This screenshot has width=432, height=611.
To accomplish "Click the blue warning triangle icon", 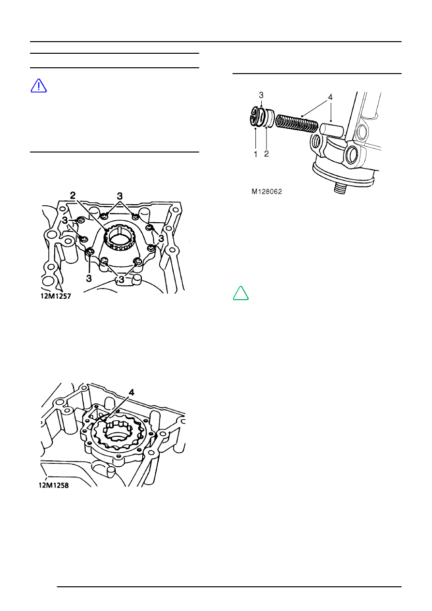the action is pyautogui.click(x=39, y=86).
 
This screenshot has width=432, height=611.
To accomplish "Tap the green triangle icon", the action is pyautogui.click(x=240, y=293).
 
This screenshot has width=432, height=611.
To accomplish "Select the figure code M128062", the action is pyautogui.click(x=267, y=192).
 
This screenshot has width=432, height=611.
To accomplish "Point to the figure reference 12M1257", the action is pyautogui.click(x=56, y=296).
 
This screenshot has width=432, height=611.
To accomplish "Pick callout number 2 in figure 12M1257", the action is pyautogui.click(x=73, y=195).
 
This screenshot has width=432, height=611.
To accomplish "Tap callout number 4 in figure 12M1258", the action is pyautogui.click(x=132, y=393).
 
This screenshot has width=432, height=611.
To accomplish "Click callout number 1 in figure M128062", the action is pyautogui.click(x=255, y=154).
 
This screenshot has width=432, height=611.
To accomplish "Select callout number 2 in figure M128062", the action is pyautogui.click(x=267, y=154).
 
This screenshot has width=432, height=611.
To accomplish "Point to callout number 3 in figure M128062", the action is pyautogui.click(x=261, y=95).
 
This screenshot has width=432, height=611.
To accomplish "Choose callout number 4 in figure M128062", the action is pyautogui.click(x=330, y=97).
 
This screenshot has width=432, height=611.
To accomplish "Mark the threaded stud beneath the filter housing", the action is pyautogui.click(x=340, y=188).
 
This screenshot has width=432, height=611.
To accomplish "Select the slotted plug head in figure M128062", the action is pyautogui.click(x=257, y=117).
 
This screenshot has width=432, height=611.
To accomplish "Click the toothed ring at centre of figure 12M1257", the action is pyautogui.click(x=120, y=237).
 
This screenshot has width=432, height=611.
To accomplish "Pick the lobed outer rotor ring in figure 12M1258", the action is pyautogui.click(x=119, y=433).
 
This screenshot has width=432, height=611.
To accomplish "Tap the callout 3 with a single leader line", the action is pyautogui.click(x=89, y=278).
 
